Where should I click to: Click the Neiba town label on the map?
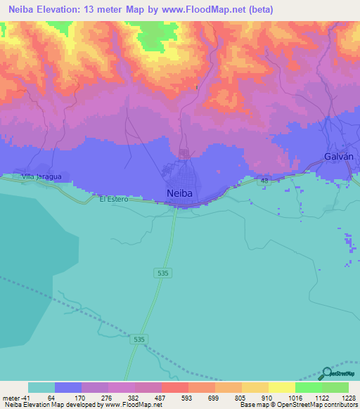coord(180,193)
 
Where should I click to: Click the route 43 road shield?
coord(264,181)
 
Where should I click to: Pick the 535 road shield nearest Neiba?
coord(162,271)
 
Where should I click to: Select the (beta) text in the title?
coord(258,10)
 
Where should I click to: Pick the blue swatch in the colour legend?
coord(68,387)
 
